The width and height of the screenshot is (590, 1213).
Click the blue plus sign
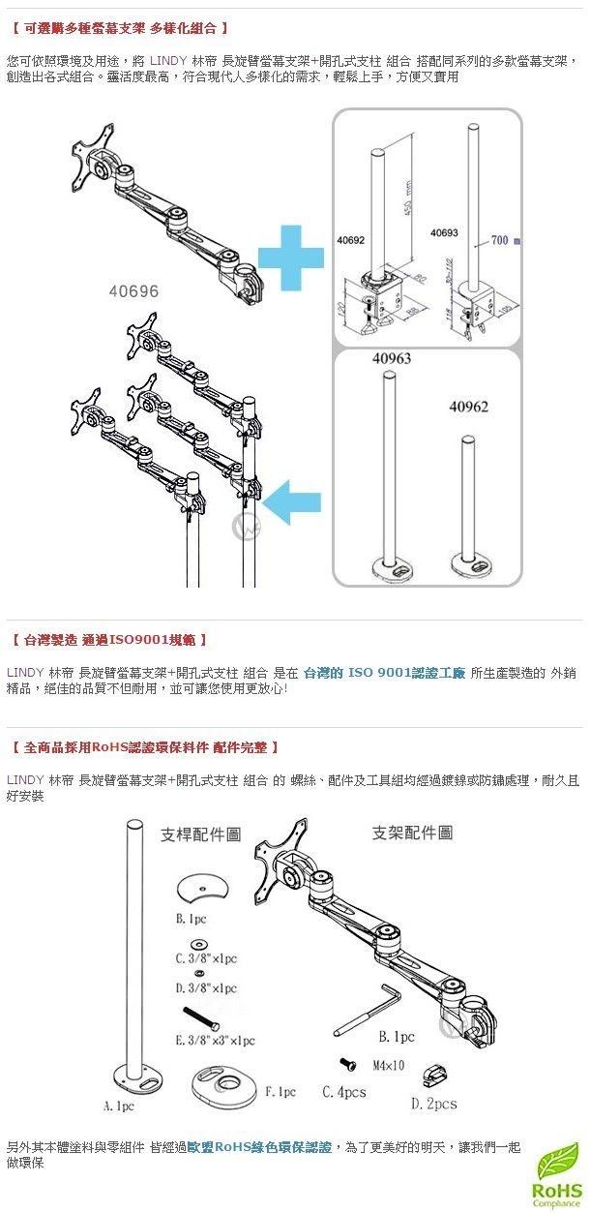[290, 258]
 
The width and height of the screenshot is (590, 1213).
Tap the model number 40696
[133, 290]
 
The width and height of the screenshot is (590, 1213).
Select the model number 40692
[351, 237]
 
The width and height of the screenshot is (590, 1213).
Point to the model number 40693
[444, 233]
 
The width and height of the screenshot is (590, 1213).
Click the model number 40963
[392, 358]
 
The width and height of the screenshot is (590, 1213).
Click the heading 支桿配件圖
[200, 834]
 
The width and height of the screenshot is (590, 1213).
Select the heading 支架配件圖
[412, 833]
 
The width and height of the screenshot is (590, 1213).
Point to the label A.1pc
[118, 1104]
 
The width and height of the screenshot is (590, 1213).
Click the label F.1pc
[280, 1092]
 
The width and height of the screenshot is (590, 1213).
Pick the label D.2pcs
[434, 1103]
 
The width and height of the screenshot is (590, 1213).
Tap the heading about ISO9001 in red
[110, 640]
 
